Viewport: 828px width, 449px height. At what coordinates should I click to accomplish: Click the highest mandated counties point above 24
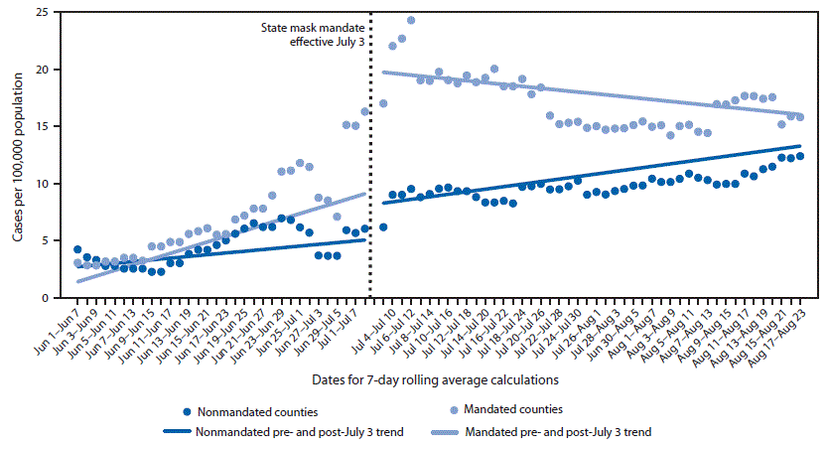tap(411, 21)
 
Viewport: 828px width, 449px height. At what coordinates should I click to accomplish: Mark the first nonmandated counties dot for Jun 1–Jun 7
tap(77, 249)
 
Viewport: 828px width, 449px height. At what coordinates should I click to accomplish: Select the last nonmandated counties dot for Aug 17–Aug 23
tap(799, 156)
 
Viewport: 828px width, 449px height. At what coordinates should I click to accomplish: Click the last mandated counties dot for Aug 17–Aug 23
tap(799, 117)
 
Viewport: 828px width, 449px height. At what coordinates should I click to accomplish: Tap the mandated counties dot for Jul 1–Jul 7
tap(365, 111)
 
